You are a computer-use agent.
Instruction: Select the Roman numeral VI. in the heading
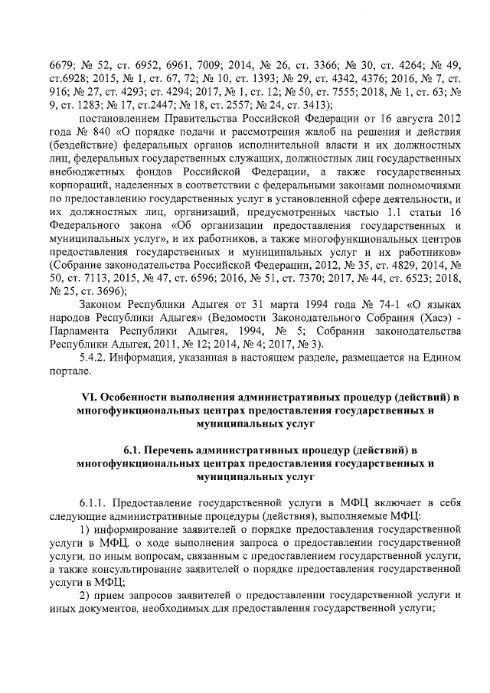[x=89, y=399]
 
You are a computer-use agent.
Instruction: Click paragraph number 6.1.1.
[x=94, y=502]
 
